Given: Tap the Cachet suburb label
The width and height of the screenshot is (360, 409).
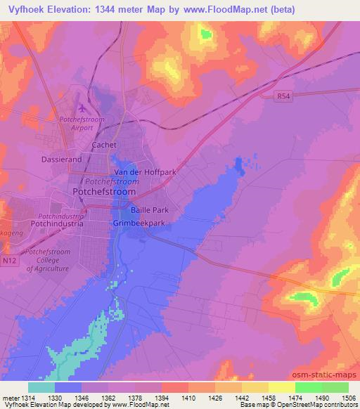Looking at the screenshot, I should tap(104, 145).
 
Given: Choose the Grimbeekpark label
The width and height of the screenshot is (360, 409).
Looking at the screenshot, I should tap(139, 223).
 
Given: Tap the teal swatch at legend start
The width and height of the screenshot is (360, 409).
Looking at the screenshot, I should tap(41, 387).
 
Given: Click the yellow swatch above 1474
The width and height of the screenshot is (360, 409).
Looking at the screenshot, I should tap(282, 387).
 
